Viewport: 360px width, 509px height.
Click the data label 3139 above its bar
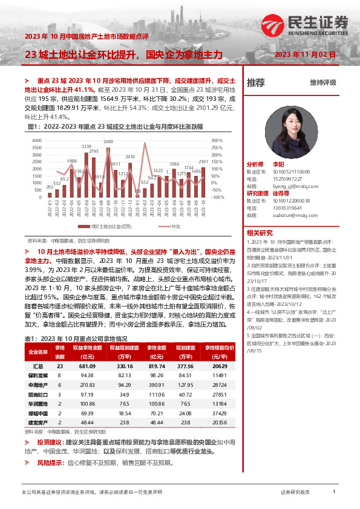click(x=87, y=146)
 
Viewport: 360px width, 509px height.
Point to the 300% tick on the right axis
click(x=217, y=140)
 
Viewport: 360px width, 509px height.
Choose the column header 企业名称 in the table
click(x=38, y=352)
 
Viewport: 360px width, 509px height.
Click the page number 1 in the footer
click(x=334, y=493)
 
